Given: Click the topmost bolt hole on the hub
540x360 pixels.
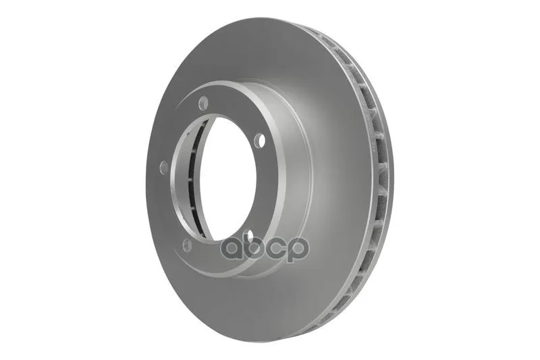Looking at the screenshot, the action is pyautogui.click(x=204, y=102).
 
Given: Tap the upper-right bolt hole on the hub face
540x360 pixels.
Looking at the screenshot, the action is pyautogui.click(x=261, y=140).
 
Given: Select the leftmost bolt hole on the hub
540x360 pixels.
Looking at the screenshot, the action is pyautogui.click(x=164, y=167).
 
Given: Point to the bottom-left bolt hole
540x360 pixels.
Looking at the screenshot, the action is pyautogui.click(x=188, y=245).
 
